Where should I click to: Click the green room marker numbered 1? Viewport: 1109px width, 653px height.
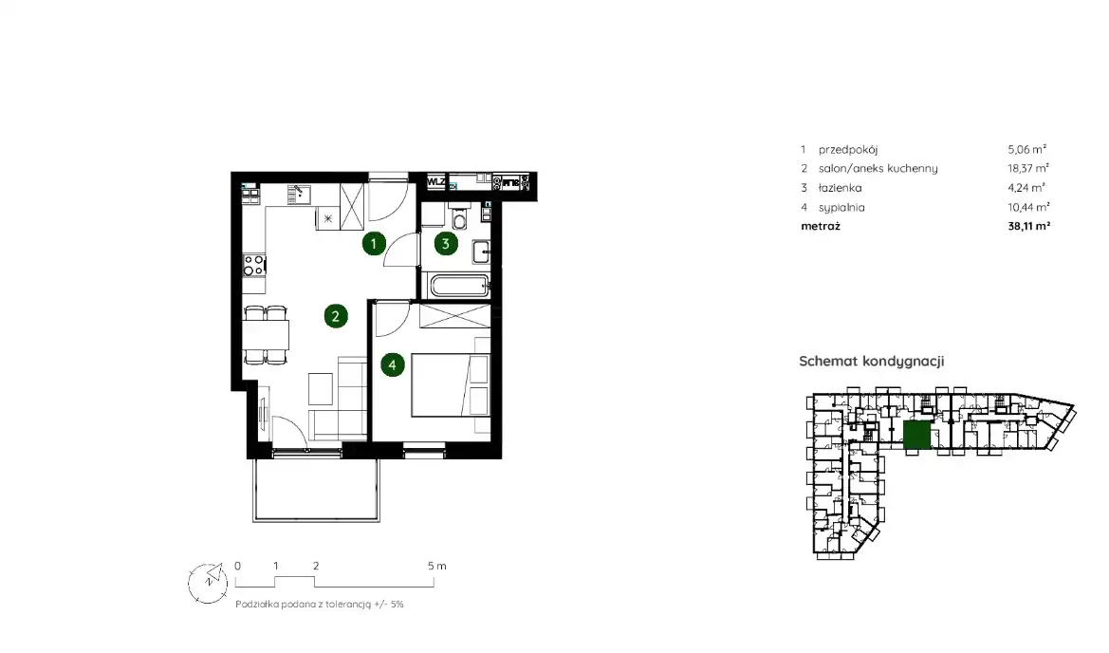(x=374, y=244)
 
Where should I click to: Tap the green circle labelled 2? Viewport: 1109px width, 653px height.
(x=336, y=316)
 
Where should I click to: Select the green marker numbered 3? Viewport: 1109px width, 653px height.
(x=445, y=244)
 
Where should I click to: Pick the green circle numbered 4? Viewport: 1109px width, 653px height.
(x=393, y=365)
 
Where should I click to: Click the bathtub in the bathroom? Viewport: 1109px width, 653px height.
(x=460, y=286)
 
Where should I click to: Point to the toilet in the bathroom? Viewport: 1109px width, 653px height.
(x=459, y=217)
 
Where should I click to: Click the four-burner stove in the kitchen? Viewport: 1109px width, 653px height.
(x=254, y=266)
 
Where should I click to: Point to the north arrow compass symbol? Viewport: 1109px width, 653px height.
(x=208, y=583)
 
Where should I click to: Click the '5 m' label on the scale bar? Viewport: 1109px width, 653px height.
(x=437, y=566)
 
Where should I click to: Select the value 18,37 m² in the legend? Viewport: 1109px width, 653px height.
(x=1028, y=168)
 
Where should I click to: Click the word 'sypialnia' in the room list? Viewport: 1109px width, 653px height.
(x=841, y=207)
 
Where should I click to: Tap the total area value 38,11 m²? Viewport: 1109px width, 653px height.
(x=1029, y=227)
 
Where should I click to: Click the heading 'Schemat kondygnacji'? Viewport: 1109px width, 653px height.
(x=871, y=361)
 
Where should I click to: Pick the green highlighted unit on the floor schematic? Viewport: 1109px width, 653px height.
(x=916, y=435)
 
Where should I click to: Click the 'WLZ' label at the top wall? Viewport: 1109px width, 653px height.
(x=435, y=182)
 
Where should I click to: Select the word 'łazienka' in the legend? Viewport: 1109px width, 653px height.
(x=841, y=188)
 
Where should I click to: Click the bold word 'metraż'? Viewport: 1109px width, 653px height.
(x=821, y=227)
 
